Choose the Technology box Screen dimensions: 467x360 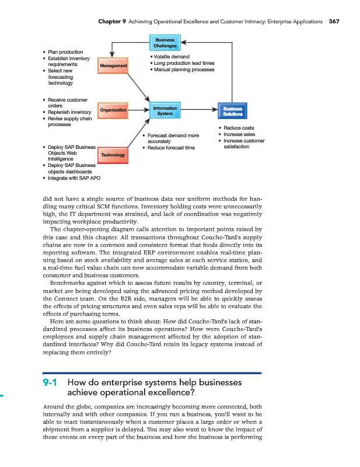click(113, 155)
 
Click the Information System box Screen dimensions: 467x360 click(165, 111)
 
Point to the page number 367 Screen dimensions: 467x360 click(334, 21)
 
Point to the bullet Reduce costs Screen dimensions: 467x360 click(236, 128)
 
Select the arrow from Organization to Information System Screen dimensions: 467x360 click(138, 110)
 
